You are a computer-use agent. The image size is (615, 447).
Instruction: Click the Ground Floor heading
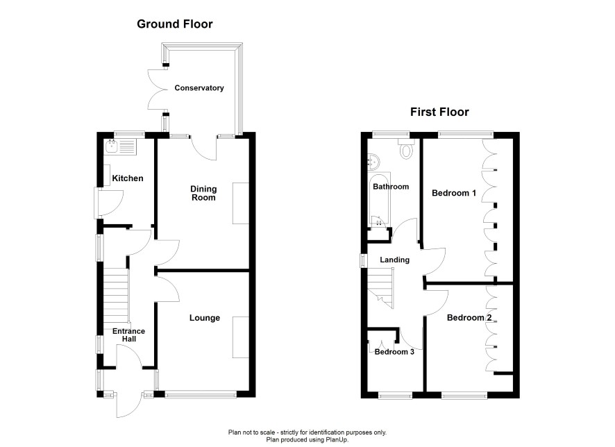174,24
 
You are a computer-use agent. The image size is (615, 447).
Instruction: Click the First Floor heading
439,112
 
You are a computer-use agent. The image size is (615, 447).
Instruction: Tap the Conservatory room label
199,88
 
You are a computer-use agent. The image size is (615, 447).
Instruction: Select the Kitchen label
128,178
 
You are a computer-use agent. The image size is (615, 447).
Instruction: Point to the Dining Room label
203,194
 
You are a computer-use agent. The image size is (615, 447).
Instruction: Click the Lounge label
204,318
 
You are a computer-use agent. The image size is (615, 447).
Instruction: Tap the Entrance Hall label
128,335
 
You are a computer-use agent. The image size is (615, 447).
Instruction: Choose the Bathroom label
391,187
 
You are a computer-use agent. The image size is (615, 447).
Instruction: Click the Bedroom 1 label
454,193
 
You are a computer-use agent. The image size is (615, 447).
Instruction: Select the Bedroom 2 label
469,318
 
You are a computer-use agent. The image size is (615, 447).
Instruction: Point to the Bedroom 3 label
394,352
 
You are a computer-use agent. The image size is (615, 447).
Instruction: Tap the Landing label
394,260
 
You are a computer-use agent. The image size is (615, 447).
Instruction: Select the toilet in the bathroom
406,149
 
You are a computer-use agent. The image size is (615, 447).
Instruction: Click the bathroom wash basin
373,162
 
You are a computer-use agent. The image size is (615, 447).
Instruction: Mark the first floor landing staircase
380,287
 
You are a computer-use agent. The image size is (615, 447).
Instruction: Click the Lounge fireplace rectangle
241,337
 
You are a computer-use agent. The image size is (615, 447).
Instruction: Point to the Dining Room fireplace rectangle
241,203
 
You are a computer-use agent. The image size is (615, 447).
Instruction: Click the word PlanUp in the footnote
337,440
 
